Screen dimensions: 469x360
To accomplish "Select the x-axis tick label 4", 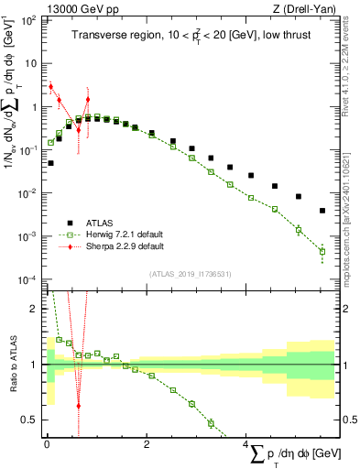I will tap(246, 444).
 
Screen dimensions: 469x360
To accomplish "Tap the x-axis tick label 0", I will tap(47, 444).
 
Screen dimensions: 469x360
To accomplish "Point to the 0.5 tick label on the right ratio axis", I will tap(348, 420).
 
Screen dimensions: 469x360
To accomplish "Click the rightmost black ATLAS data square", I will tap(322, 211).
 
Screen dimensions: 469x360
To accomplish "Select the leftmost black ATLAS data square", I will tap(50, 163).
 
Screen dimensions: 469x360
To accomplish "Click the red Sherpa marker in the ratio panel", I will tap(78, 405).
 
